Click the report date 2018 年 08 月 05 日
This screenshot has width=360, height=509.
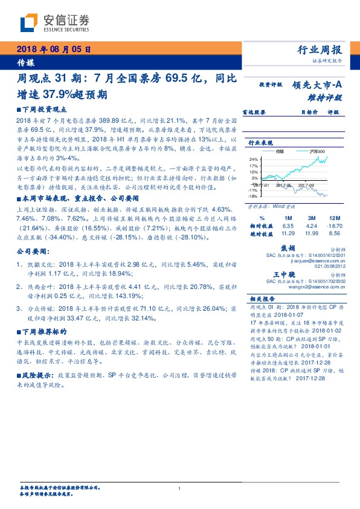(x=54, y=50)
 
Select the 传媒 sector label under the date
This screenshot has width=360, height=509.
(x=25, y=62)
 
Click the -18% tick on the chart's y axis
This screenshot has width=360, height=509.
(x=254, y=196)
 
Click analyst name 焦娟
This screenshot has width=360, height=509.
(x=288, y=248)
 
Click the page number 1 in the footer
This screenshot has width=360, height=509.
(x=180, y=488)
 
